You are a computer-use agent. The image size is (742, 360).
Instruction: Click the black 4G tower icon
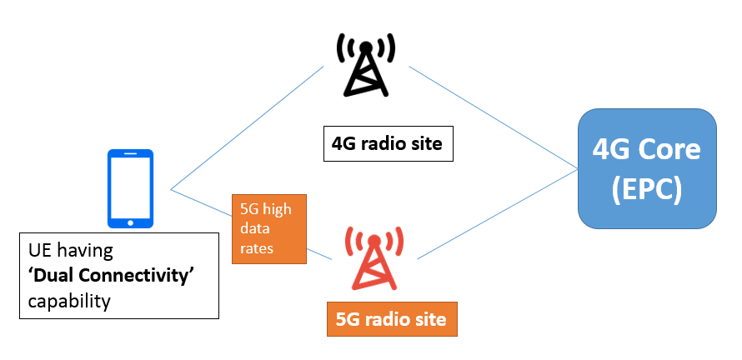pyautogui.click(x=363, y=65)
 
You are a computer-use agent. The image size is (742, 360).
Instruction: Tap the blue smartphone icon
pyautogui.click(x=131, y=188)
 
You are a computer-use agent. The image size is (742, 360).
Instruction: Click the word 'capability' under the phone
pyautogui.click(x=69, y=300)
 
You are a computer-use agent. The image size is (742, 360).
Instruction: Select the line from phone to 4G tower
pyautogui.click(x=248, y=127)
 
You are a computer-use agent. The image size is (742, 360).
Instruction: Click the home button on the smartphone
pyautogui.click(x=131, y=222)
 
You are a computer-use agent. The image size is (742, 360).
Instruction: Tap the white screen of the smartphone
pyautogui.click(x=131, y=186)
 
